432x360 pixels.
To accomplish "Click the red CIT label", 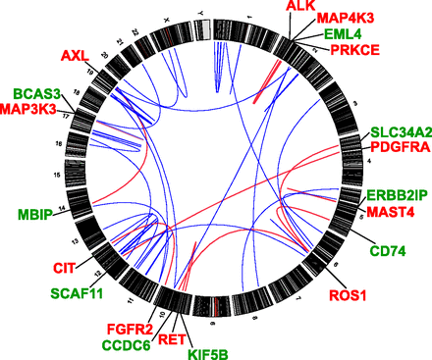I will pyautogui.click(x=47, y=265).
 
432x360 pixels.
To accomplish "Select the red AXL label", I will pyautogui.click(x=75, y=54).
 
